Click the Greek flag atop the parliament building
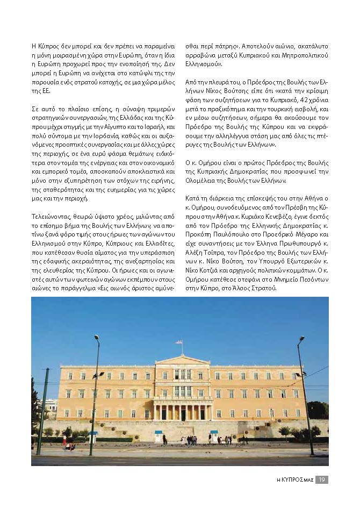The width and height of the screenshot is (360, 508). (x=179, y=342)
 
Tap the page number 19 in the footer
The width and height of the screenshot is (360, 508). (x=321, y=480)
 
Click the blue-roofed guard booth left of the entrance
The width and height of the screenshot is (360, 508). (x=158, y=437)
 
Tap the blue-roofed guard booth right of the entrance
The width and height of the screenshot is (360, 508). (x=214, y=437)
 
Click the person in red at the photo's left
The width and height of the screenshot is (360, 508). (x=67, y=445)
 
